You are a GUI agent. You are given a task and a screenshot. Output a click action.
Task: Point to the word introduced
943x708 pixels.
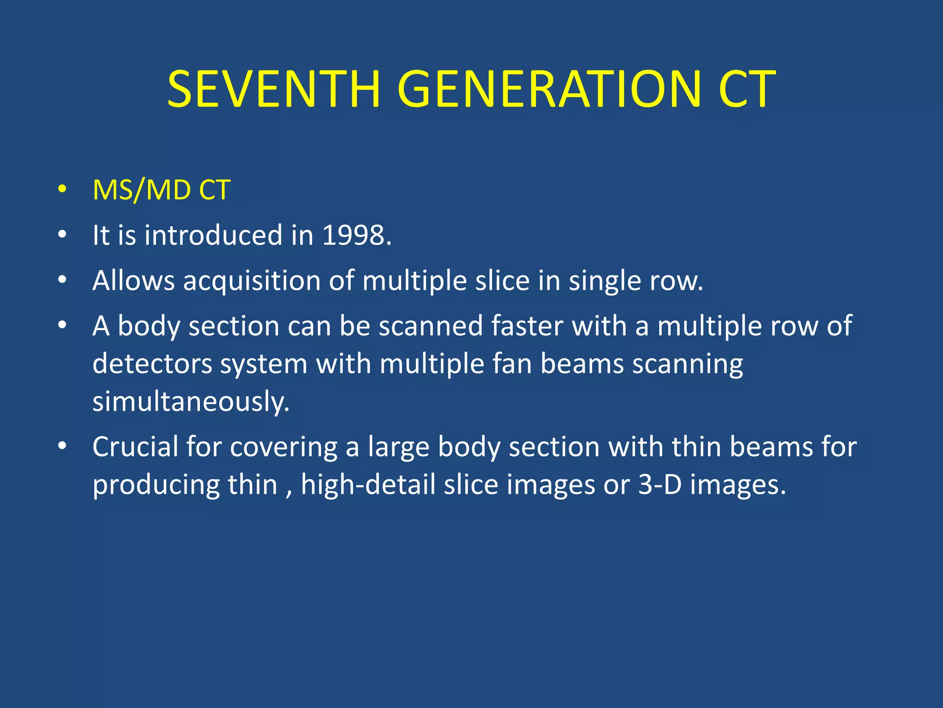[x=214, y=235]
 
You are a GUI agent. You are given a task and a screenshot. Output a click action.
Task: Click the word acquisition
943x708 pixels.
[x=251, y=281]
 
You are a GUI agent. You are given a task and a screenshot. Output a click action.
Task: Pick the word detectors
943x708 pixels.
[x=152, y=364]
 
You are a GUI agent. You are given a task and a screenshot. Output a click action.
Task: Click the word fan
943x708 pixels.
[x=512, y=364]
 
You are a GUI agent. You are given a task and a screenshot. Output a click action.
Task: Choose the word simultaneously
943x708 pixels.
[x=191, y=401]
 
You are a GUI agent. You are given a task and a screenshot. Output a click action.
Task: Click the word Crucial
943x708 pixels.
[x=135, y=447]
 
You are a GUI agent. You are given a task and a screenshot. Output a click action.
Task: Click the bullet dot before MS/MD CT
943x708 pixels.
[x=63, y=189]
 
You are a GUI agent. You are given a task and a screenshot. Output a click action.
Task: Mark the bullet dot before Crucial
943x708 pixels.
[x=63, y=446]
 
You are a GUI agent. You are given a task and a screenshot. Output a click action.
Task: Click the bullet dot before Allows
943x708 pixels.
[x=63, y=280]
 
